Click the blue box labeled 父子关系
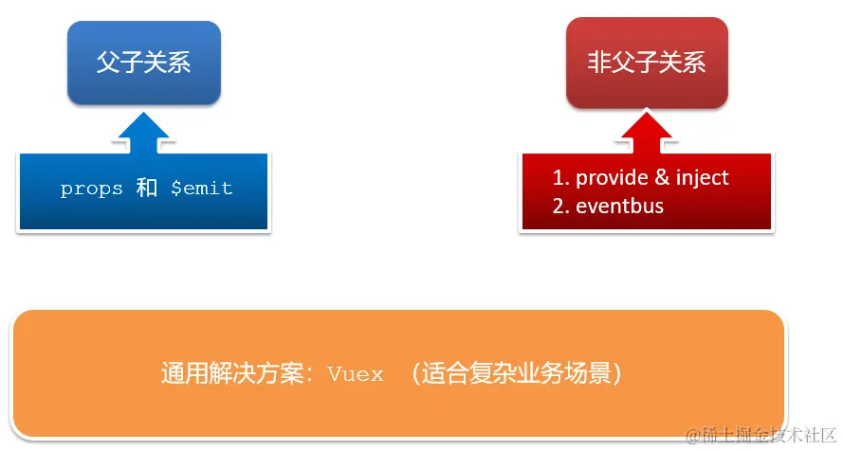pos(144,63)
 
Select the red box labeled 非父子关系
pos(647,63)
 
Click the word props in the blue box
pos(91,189)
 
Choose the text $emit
pos(201,189)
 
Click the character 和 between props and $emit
pos(146,188)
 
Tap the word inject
pos(703,178)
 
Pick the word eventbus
pos(619,207)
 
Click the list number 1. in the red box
pos(559,178)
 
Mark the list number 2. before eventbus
pos(560,207)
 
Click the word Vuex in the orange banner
pos(356,374)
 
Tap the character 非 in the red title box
pos(599,63)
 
